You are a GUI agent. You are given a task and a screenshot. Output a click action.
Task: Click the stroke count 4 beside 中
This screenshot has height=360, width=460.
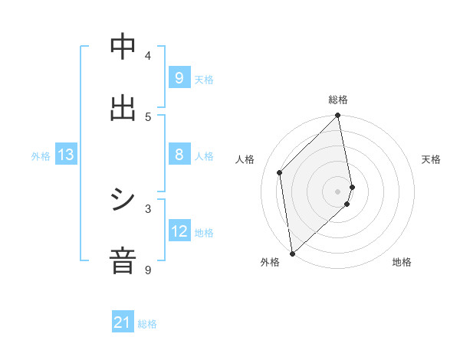[x=148, y=55]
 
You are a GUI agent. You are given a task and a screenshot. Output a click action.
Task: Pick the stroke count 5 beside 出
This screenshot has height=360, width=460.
[x=148, y=116]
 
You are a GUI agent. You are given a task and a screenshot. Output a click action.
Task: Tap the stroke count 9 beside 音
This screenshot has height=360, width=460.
[x=148, y=270]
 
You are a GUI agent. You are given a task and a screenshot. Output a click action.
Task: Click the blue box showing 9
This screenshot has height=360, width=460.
[x=179, y=77]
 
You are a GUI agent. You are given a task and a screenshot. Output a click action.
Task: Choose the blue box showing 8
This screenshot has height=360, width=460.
[x=179, y=155]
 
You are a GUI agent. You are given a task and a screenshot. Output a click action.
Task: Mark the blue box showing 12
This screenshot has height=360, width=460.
[x=179, y=231]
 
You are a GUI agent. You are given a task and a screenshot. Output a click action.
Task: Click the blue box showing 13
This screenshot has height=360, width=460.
[x=66, y=155]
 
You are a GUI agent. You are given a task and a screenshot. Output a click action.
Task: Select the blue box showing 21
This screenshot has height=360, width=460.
[x=123, y=323]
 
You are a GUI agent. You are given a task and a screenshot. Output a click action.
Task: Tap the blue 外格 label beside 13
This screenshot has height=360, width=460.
[x=41, y=156]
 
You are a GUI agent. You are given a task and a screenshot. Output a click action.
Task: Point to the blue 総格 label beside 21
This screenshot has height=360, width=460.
[x=147, y=324]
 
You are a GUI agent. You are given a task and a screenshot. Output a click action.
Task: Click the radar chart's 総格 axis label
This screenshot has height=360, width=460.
[x=338, y=100]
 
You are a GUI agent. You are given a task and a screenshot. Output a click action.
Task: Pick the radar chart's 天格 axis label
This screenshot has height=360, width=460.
[x=431, y=159]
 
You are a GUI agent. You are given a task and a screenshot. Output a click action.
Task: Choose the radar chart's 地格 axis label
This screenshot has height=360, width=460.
[x=402, y=262]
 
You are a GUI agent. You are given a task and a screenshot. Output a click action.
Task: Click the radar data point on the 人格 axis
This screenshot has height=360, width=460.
[x=280, y=172]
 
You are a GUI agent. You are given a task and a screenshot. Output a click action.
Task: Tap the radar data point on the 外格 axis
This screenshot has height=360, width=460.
[x=291, y=254]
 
